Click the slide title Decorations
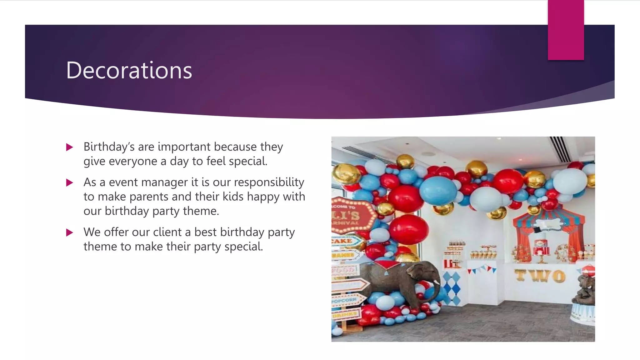click(x=129, y=70)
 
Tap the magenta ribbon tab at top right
click(x=566, y=30)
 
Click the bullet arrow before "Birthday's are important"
click(x=69, y=147)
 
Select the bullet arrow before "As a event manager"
click(x=69, y=182)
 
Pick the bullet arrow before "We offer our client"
click(x=69, y=232)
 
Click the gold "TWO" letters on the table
click(x=540, y=276)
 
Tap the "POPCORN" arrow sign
click(x=345, y=300)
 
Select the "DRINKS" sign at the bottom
click(x=345, y=314)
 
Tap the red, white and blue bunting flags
click(x=482, y=269)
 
